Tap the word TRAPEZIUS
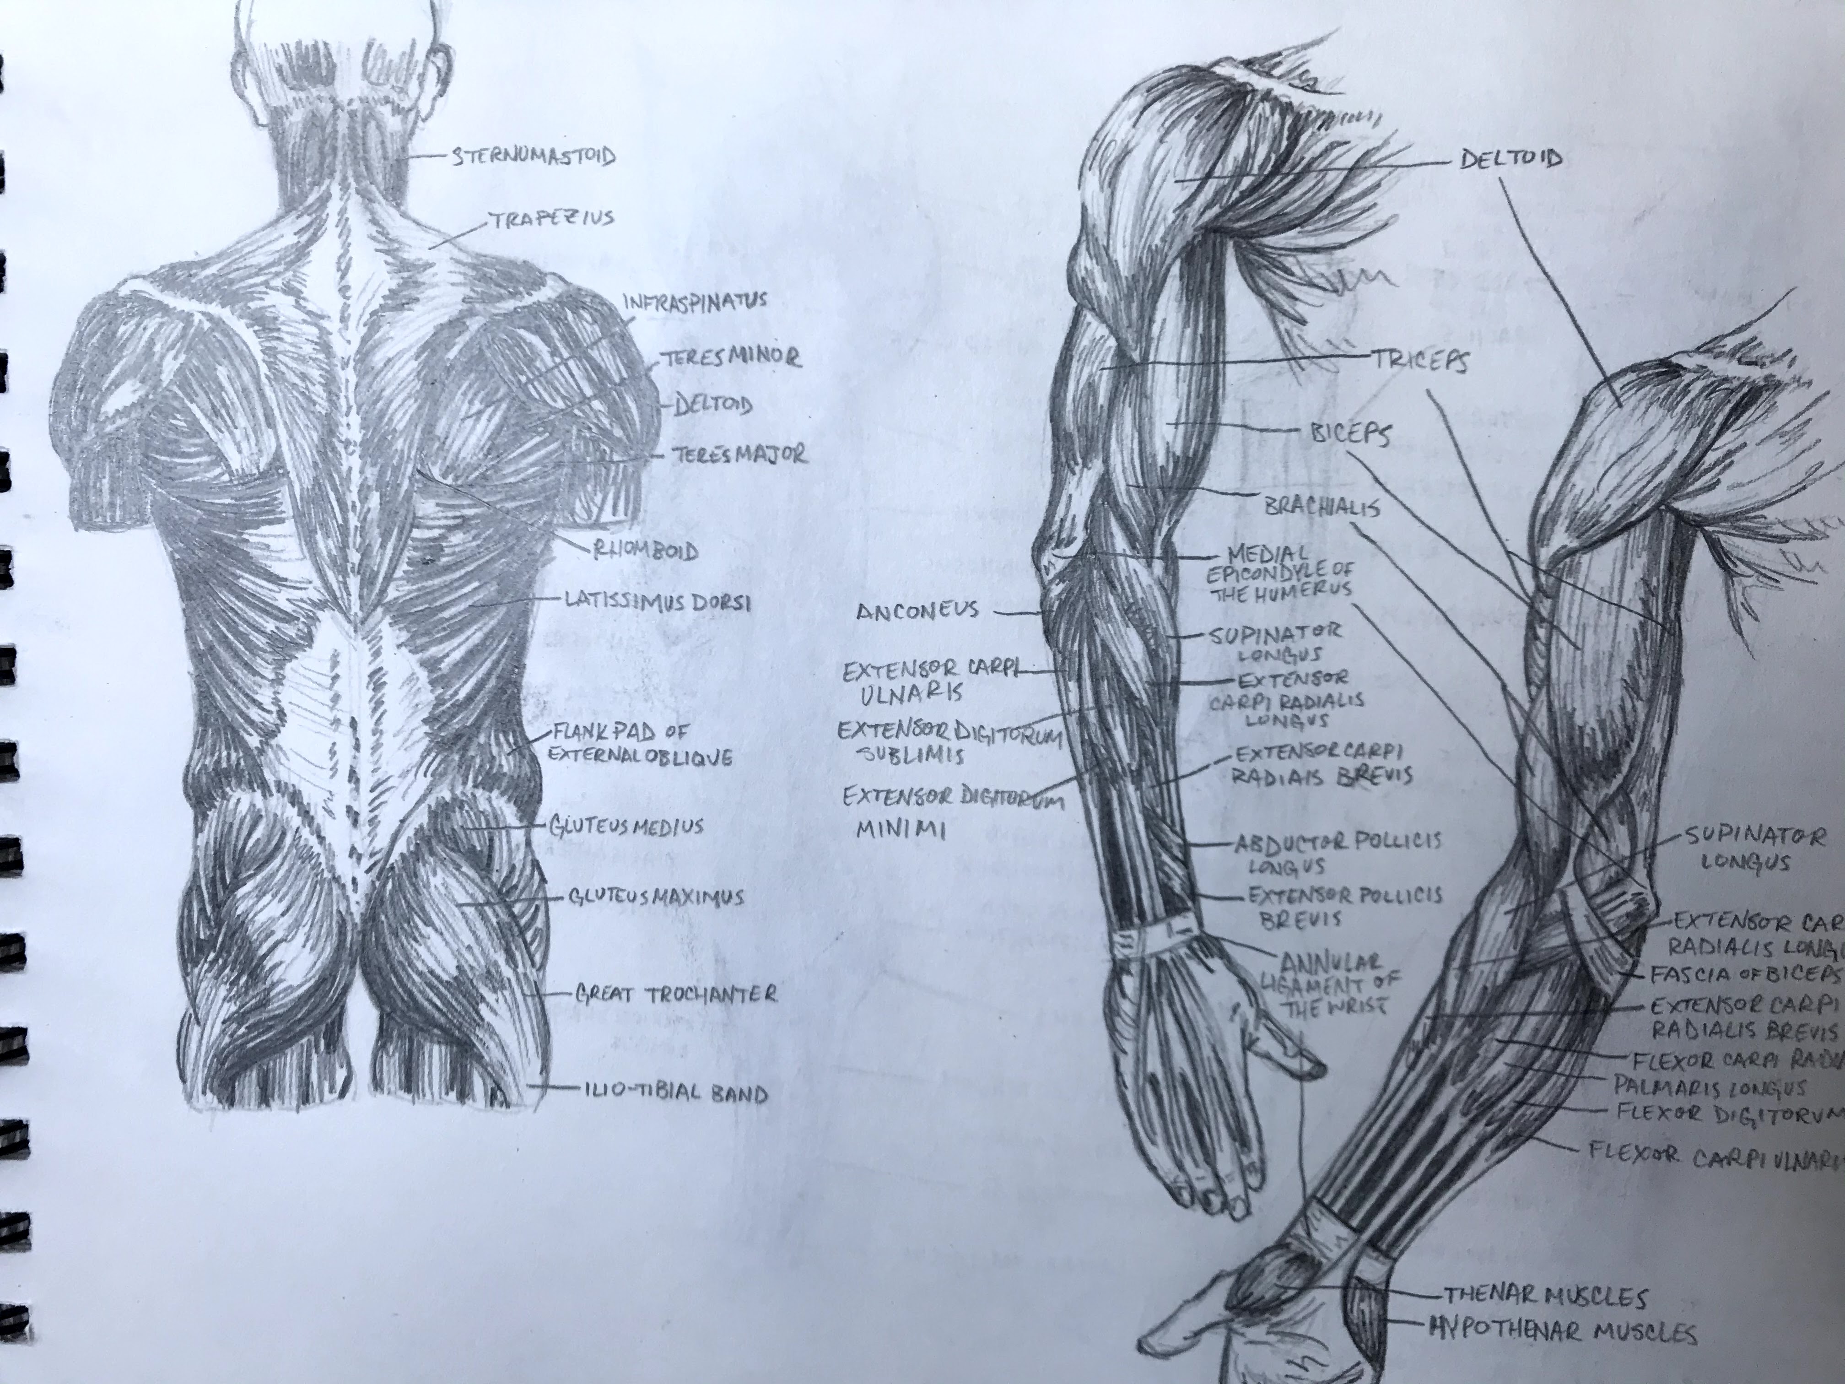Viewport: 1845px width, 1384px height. [x=551, y=219]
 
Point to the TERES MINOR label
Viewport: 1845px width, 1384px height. [x=732, y=358]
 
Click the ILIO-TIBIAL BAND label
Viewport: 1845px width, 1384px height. [x=671, y=1092]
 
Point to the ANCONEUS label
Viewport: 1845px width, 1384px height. [x=917, y=611]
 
